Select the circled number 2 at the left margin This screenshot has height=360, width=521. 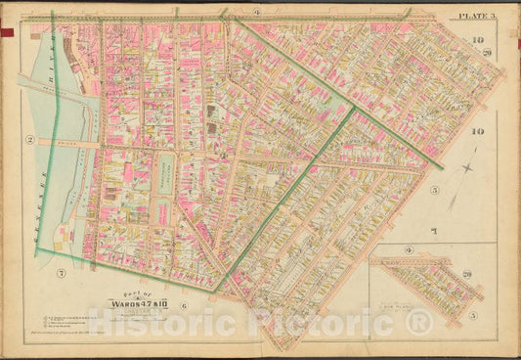click(x=30, y=140)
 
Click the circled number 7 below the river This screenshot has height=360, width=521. click(x=61, y=271)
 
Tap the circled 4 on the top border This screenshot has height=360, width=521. click(x=255, y=11)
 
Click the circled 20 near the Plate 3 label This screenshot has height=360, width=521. click(x=485, y=51)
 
